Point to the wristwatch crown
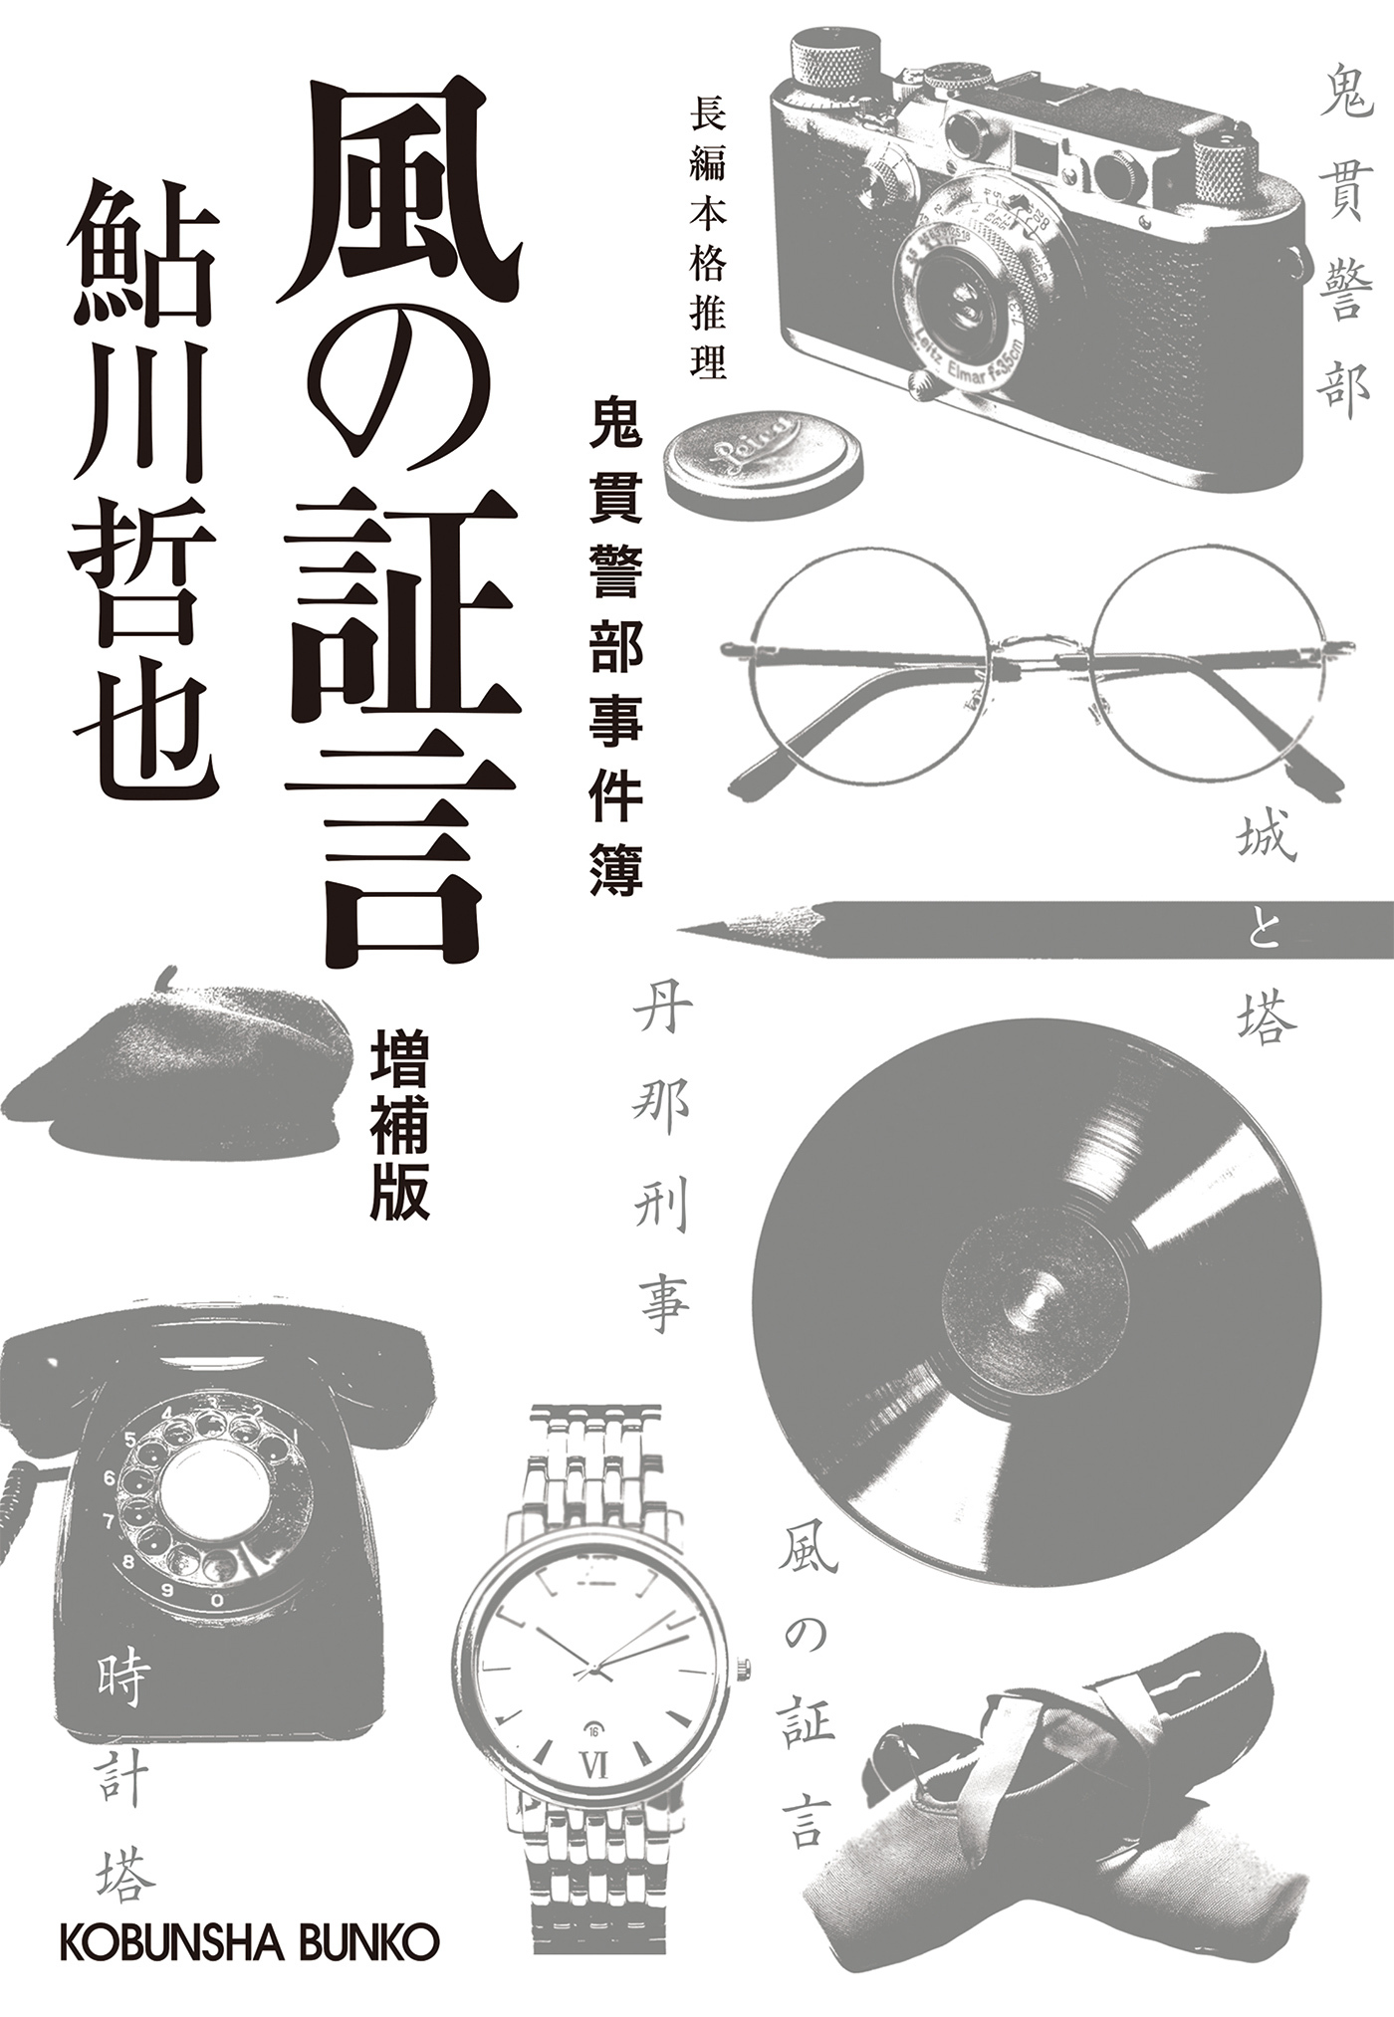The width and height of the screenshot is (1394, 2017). point(744,1669)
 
